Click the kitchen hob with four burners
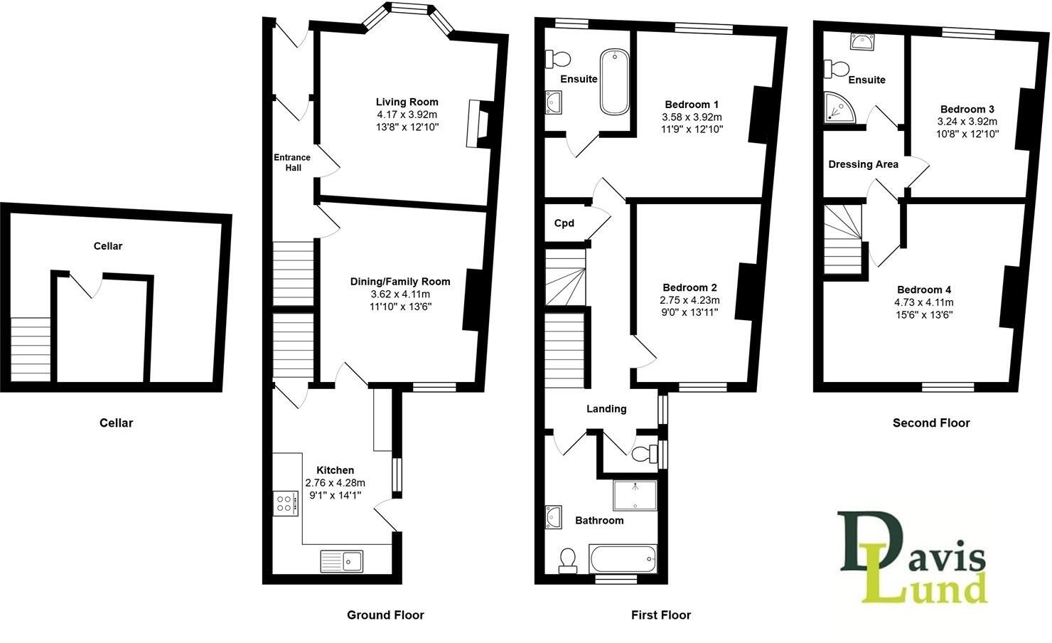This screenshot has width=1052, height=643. coord(285,503)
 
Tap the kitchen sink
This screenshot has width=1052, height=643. coord(342,561)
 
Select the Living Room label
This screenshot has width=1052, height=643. coord(407,102)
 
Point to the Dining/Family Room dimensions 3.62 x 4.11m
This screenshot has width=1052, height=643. coord(399,294)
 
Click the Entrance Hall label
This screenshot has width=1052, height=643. coord(292,162)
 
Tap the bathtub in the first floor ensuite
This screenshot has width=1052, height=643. coord(614,81)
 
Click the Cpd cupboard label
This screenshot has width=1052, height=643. coord(564,223)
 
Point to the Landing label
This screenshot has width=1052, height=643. coord(606,408)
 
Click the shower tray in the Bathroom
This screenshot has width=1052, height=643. coord(635,495)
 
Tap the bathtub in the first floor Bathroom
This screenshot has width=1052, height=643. coord(623,558)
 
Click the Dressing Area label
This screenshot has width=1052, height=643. coord(863,164)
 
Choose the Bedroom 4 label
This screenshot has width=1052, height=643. coord(923,289)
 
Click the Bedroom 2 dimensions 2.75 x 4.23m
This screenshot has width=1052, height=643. coord(689,300)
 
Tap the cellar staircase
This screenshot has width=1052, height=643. coord(31,349)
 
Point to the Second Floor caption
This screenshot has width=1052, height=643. coord(930,423)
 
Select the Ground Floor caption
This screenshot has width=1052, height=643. coord(385,615)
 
